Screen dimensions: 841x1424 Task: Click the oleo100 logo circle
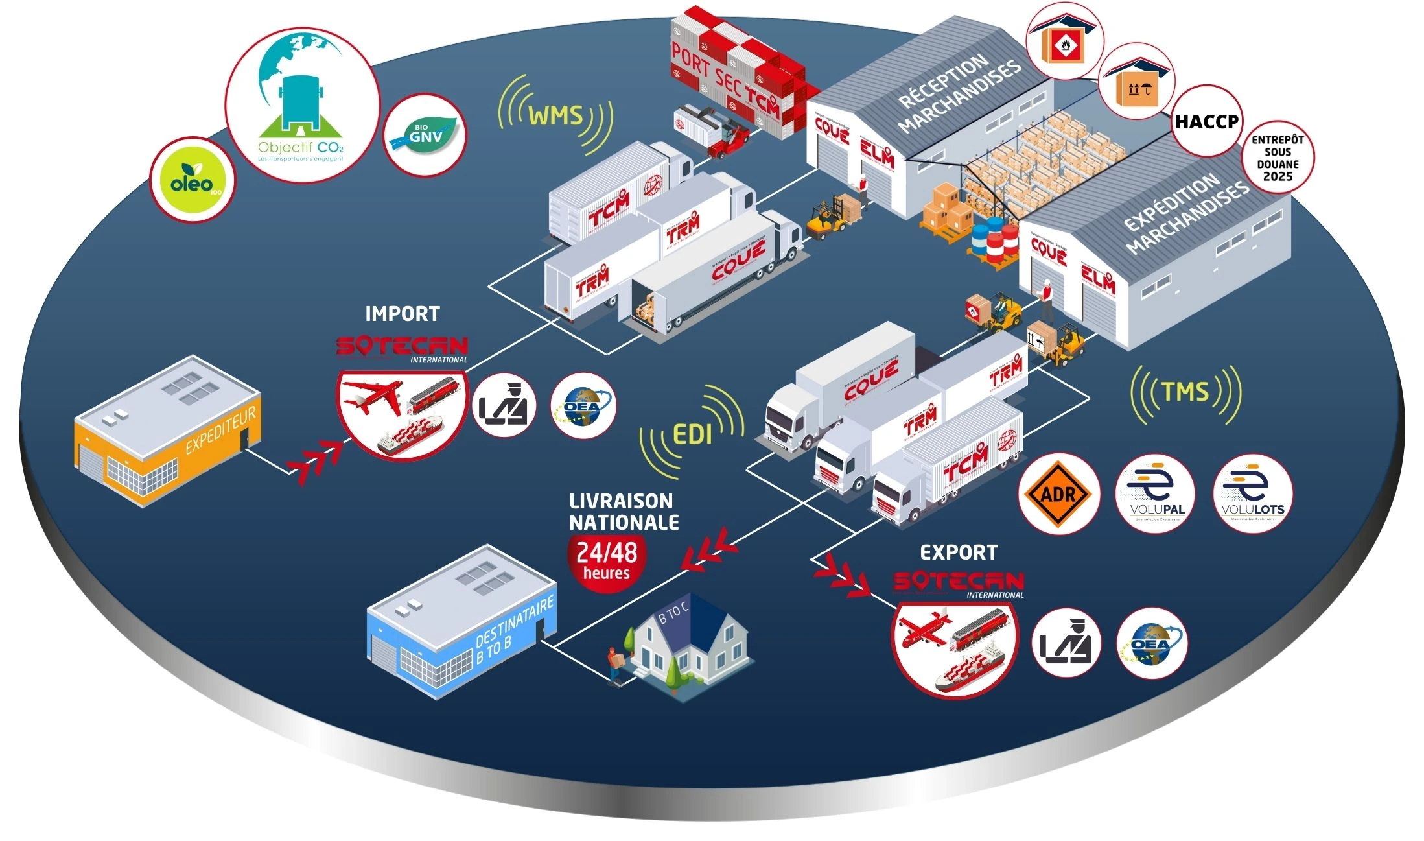tap(192, 180)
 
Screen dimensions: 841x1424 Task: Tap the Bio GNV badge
tap(425, 134)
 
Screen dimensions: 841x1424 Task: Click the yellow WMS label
tap(555, 115)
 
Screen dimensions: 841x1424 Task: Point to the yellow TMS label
tap(1185, 392)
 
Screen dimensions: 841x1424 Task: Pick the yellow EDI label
tap(692, 434)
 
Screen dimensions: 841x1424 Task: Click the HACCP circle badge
tap(1206, 121)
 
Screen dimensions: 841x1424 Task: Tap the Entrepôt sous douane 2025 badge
tap(1278, 158)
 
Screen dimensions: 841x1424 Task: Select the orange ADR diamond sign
tap(1058, 494)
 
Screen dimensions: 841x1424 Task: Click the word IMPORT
tap(402, 314)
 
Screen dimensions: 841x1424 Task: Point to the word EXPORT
tap(959, 552)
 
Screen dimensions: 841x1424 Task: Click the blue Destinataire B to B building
tap(461, 622)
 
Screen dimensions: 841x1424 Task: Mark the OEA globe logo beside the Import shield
tap(583, 406)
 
